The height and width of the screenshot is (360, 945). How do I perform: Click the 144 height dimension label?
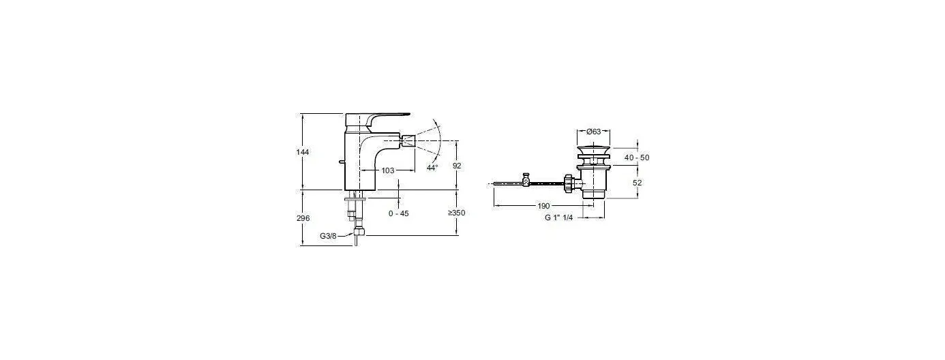point(303,152)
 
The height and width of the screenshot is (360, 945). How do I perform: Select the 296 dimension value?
point(303,218)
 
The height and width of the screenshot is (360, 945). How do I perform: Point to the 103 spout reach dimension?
point(388,170)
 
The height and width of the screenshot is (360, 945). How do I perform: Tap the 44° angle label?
point(432,168)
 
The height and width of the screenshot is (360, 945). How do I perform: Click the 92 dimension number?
point(457,166)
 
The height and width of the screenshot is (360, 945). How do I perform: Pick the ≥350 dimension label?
point(456,213)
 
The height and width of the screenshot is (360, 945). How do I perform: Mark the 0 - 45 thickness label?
point(399,213)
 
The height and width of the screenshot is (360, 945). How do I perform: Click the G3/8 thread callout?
point(328,237)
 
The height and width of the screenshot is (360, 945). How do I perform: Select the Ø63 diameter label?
point(594,132)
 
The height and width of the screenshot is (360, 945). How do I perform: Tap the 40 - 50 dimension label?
point(637,157)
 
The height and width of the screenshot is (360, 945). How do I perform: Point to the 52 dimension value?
point(637,183)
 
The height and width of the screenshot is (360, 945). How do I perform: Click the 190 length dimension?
point(544,206)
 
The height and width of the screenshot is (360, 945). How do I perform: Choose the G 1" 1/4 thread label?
point(559,217)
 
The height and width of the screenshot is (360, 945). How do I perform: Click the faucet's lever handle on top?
point(376,119)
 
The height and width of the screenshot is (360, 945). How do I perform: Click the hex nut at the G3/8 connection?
point(359,232)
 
